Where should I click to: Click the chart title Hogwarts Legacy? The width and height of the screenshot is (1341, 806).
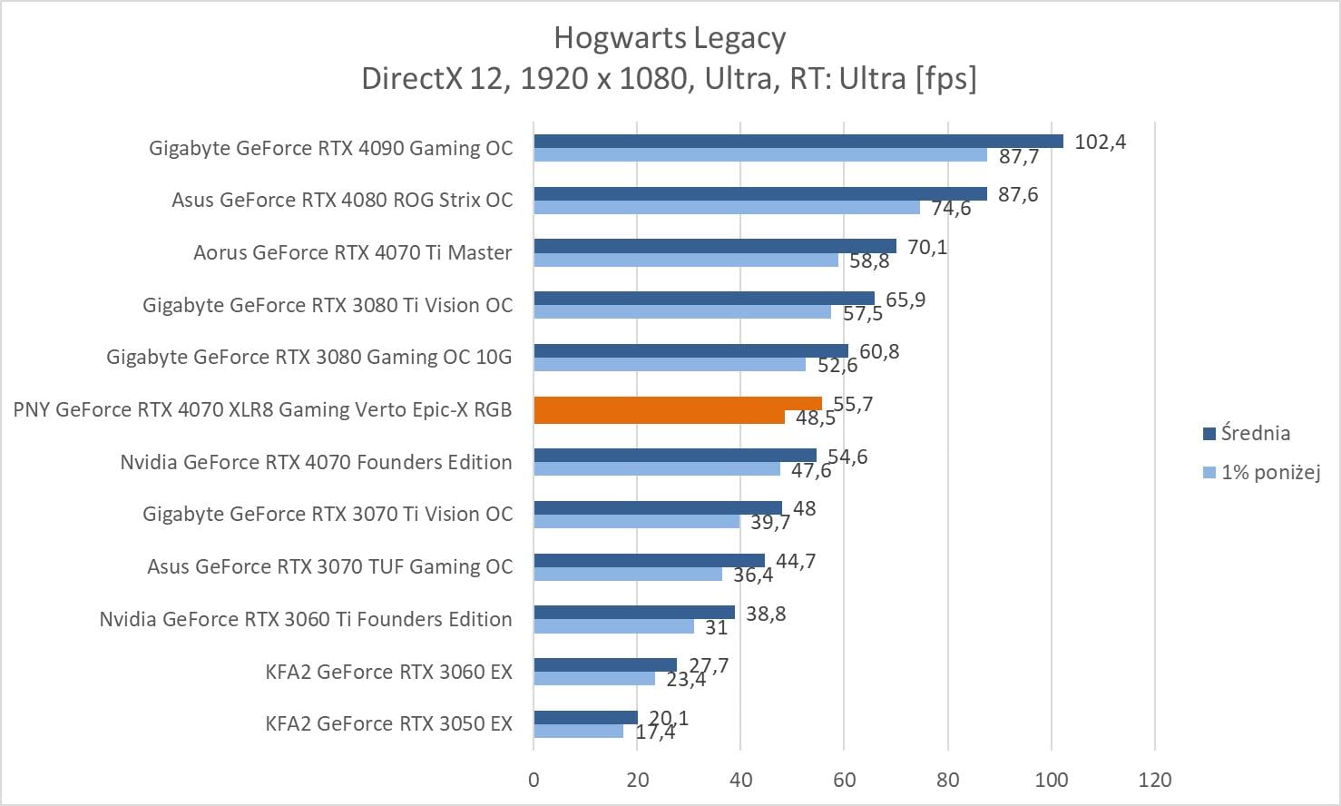(x=670, y=38)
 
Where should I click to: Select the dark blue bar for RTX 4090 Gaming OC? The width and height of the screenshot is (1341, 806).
(x=798, y=141)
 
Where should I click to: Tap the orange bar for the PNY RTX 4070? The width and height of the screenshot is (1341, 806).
(x=677, y=403)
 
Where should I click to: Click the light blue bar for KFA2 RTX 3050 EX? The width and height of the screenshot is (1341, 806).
(x=578, y=731)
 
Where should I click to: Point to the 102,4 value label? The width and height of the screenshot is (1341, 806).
(x=1100, y=142)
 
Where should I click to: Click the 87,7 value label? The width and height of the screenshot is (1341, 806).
(x=1018, y=157)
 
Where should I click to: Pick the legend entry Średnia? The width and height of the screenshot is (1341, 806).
(x=1255, y=433)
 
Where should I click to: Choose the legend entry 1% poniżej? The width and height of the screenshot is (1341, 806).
(x=1269, y=472)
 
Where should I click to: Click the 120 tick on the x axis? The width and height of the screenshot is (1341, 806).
(x=1155, y=780)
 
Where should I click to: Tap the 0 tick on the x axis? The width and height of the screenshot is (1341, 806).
(x=533, y=780)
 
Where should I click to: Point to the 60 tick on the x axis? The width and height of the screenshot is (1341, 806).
(x=844, y=780)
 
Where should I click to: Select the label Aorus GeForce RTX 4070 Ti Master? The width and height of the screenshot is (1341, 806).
(x=352, y=252)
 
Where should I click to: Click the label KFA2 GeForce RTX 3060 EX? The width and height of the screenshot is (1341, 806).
(x=388, y=672)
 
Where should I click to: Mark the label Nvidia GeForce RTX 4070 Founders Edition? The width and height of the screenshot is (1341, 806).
(x=316, y=462)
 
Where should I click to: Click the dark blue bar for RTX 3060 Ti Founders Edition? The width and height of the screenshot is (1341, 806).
(x=633, y=613)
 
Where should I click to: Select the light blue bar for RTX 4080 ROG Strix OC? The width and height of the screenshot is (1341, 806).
(x=726, y=208)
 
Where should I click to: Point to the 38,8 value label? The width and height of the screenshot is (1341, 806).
(x=766, y=614)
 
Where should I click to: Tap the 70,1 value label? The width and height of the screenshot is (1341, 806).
(x=927, y=247)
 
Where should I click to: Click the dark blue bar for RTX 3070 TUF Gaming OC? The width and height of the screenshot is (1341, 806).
(x=649, y=560)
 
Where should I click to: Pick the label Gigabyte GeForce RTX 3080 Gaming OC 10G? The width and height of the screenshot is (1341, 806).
(x=308, y=357)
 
